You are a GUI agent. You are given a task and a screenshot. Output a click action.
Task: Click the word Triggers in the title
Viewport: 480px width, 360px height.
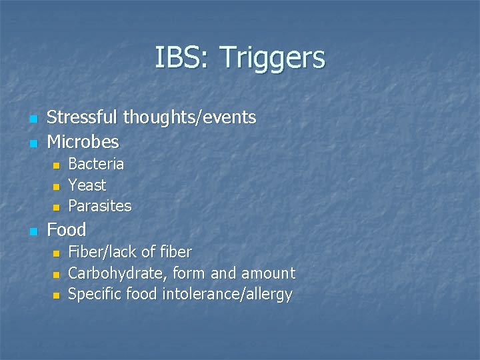tap(271, 59)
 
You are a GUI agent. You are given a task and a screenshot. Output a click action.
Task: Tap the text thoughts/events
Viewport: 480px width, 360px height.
tap(190, 118)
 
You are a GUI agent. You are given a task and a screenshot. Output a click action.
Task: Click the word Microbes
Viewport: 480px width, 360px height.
tap(83, 142)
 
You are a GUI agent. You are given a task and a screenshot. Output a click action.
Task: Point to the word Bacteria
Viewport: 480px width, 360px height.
tap(96, 164)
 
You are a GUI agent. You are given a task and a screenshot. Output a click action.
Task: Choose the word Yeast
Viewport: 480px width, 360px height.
tap(87, 185)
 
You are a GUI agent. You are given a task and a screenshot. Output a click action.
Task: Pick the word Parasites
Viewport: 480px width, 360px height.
tap(100, 206)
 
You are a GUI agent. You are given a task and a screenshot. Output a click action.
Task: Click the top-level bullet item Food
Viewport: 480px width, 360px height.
tap(67, 230)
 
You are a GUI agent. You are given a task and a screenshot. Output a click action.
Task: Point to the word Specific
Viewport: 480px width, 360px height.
tap(94, 295)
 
